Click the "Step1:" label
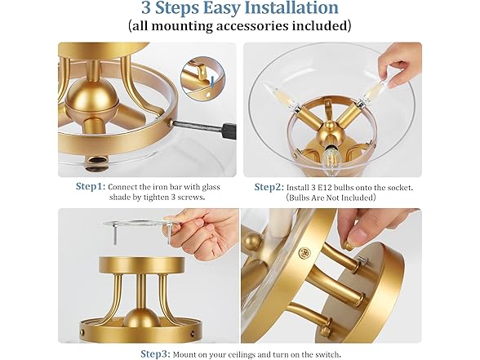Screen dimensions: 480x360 (x=91, y=186)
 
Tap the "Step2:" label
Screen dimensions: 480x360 (x=269, y=187)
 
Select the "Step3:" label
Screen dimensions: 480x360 (x=155, y=354)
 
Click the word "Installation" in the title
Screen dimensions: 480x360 (x=288, y=7)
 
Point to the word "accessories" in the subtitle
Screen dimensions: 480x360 (x=252, y=26)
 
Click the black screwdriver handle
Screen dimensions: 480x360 (x=229, y=131)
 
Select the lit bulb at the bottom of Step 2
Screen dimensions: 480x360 (x=331, y=157)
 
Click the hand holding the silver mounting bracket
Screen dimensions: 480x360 (x=202, y=233)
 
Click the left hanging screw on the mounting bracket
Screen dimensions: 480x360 (x=115, y=234)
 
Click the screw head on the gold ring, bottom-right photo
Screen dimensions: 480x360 (x=305, y=252)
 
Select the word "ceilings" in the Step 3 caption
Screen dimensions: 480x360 (x=273, y=354)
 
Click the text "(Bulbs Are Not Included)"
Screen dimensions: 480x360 (x=331, y=198)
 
